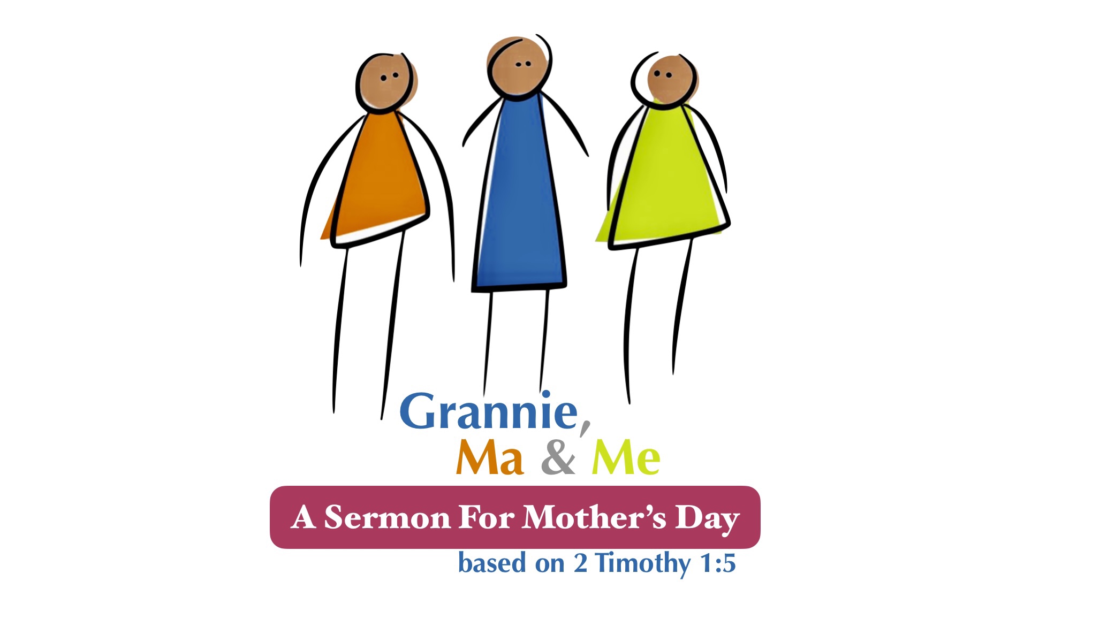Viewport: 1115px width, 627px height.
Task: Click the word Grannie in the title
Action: pos(489,411)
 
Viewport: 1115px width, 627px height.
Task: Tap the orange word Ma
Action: pos(489,458)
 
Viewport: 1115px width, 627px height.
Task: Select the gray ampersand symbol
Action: pos(558,458)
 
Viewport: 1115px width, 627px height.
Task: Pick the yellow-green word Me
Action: pos(626,458)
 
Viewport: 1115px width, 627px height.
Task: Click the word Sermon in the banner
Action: pos(387,517)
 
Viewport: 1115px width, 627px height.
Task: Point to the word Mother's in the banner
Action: pos(594,517)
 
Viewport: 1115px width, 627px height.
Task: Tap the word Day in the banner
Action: pos(707,519)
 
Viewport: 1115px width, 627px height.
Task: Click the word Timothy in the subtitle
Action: pos(643,564)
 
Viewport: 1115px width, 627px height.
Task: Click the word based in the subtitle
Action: pos(485,563)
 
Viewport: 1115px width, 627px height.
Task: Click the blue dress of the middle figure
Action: pos(519,193)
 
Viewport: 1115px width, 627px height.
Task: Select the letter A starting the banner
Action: pos(304,517)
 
